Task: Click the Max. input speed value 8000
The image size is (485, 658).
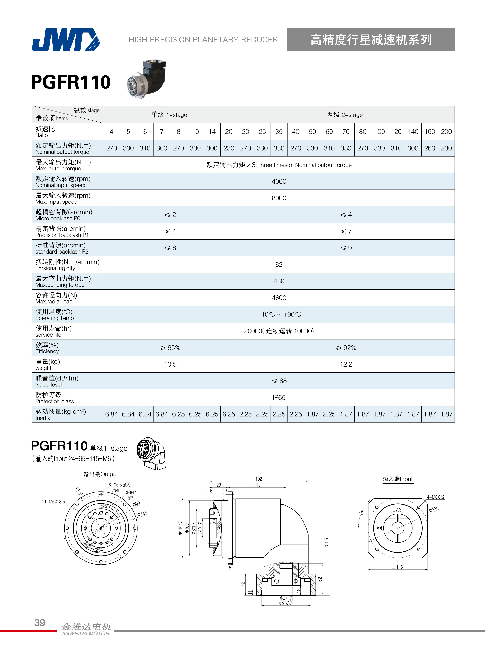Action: click(279, 198)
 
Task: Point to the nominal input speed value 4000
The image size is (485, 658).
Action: click(279, 181)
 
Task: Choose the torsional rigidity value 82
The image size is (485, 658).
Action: click(279, 264)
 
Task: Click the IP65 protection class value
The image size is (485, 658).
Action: click(279, 397)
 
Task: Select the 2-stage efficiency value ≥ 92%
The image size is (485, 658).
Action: click(346, 348)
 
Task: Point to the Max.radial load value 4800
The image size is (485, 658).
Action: click(279, 298)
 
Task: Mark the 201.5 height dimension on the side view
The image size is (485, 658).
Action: click(326, 543)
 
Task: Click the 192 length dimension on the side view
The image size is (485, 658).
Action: click(258, 479)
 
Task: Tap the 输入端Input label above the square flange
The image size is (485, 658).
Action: click(398, 479)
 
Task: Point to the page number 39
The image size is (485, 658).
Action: click(40, 622)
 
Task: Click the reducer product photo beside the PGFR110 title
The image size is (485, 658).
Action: click(146, 79)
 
